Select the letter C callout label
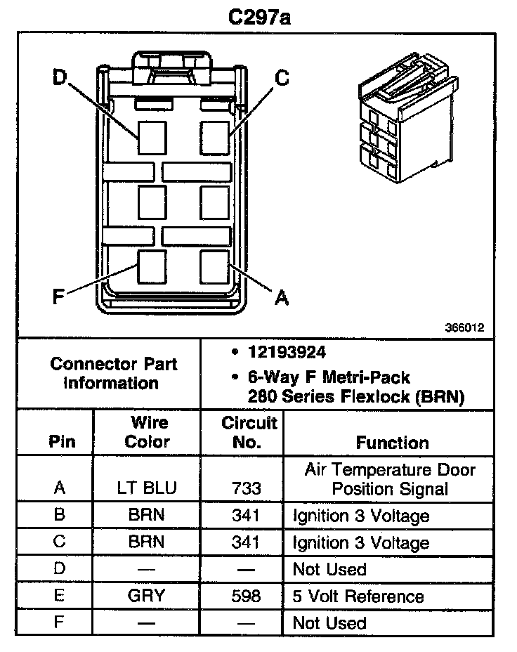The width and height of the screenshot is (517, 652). click(x=282, y=78)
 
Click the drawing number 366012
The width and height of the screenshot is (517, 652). click(x=464, y=327)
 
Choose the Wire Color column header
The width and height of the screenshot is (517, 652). click(x=147, y=432)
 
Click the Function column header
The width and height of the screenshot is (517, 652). click(x=392, y=443)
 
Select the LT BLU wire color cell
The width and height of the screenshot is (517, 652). click(x=147, y=487)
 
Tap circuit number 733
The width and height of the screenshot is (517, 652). click(x=246, y=487)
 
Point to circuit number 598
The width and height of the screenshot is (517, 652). click(x=246, y=596)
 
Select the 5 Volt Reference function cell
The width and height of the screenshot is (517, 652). click(x=358, y=596)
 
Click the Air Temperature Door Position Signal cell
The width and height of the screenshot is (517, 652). click(x=390, y=478)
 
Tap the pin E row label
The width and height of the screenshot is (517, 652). click(x=60, y=596)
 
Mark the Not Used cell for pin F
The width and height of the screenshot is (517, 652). click(x=329, y=623)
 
